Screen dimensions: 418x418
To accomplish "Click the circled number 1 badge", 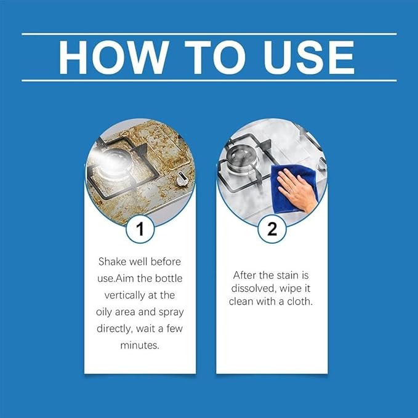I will pyautogui.click(x=140, y=230).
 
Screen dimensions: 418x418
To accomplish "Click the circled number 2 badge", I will pyautogui.click(x=271, y=230).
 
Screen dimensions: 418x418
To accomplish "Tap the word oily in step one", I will pyautogui.click(x=107, y=312).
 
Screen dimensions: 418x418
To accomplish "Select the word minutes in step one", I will pyautogui.click(x=140, y=345).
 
